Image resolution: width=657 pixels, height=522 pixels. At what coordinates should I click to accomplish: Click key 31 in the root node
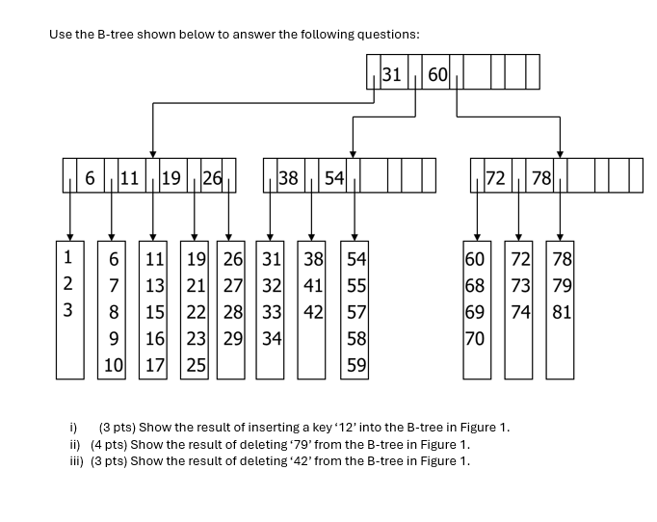392,73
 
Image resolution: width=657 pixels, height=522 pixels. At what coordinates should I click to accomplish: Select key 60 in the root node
437,73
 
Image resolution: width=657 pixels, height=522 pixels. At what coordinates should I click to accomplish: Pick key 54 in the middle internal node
333,177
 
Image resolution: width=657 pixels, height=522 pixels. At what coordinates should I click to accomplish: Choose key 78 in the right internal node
541,177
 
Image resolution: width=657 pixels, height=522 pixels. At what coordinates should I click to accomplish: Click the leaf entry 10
114,365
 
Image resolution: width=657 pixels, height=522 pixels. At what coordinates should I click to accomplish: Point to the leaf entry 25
196,365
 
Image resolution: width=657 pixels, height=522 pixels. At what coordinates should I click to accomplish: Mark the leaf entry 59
355,365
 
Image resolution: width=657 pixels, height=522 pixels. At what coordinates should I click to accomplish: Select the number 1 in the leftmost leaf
67,258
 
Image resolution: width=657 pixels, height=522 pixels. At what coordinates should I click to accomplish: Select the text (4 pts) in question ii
108,444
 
